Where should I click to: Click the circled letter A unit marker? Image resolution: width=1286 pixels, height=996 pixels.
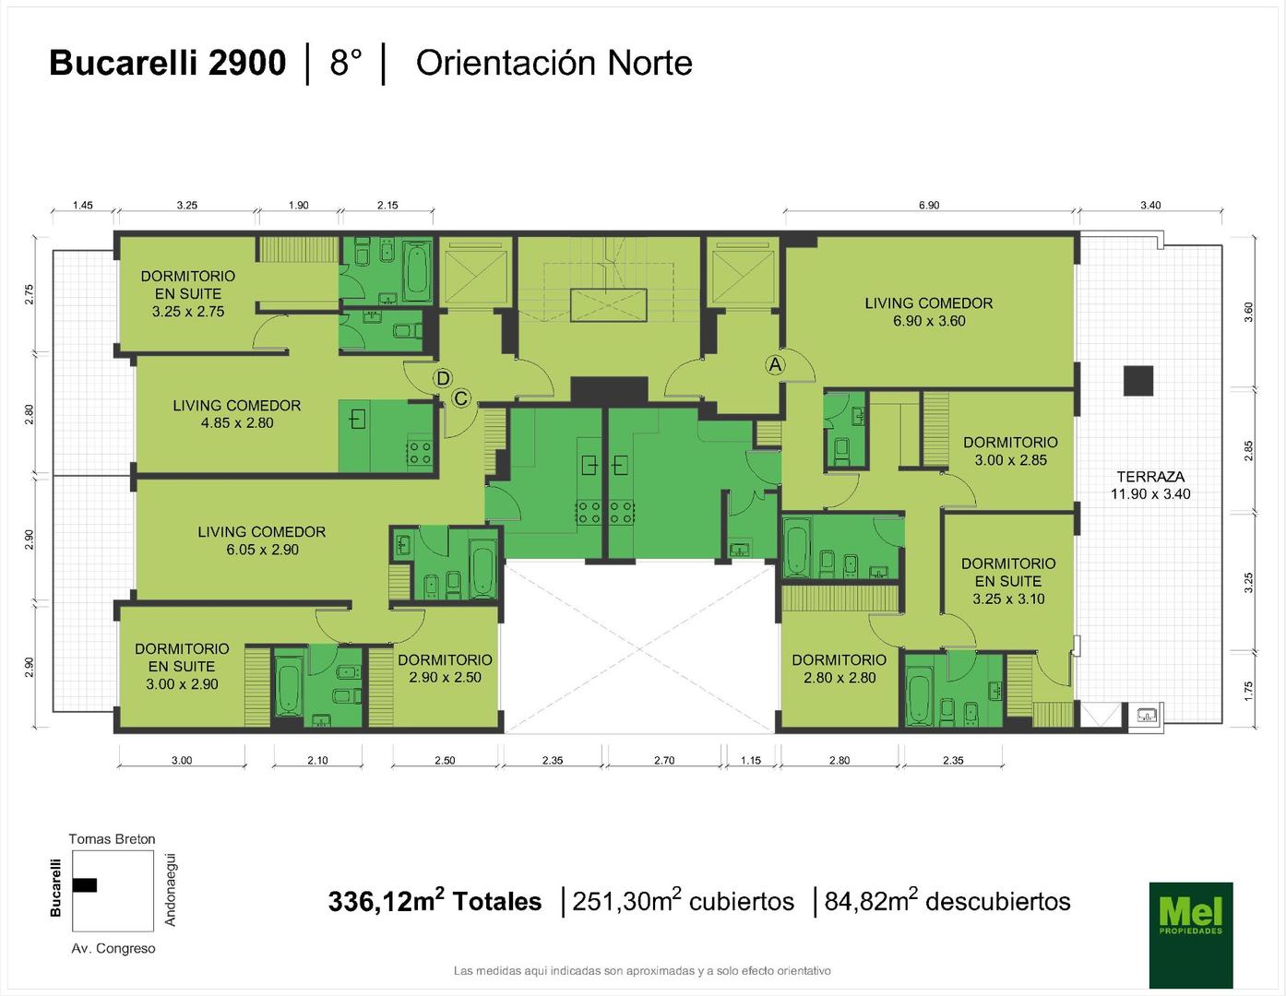click(x=775, y=365)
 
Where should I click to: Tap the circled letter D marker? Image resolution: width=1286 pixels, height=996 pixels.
click(x=443, y=378)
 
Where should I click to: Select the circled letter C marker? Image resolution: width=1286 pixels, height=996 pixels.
click(x=461, y=398)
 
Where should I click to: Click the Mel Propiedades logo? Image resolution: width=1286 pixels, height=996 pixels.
click(x=1191, y=935)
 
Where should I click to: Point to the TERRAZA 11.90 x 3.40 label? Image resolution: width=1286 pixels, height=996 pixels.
click(x=1150, y=485)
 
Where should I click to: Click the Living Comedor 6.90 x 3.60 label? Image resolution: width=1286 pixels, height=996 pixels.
click(x=929, y=312)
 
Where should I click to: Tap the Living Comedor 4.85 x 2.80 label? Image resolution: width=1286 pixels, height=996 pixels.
click(x=237, y=414)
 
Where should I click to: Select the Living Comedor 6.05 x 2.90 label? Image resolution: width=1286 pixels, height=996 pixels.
click(x=262, y=540)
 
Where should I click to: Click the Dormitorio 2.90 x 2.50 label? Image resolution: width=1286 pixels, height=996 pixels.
click(x=445, y=669)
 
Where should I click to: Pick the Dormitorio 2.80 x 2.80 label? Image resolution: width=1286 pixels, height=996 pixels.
click(x=839, y=669)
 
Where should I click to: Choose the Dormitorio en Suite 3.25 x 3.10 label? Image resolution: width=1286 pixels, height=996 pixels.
click(x=1008, y=581)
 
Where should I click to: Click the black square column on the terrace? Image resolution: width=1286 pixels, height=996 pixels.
click(x=1138, y=381)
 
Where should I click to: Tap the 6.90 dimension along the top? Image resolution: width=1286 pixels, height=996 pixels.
click(x=929, y=206)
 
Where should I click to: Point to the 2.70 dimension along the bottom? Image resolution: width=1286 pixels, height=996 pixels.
click(x=664, y=761)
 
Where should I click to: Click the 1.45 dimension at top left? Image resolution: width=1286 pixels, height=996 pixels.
click(x=82, y=206)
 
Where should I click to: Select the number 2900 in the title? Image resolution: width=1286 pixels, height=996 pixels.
click(x=247, y=63)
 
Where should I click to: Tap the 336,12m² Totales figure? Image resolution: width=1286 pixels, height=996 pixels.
click(x=435, y=901)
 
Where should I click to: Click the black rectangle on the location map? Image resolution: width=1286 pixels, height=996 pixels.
click(x=85, y=884)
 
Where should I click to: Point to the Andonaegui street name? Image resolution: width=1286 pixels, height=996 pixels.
click(x=170, y=889)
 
